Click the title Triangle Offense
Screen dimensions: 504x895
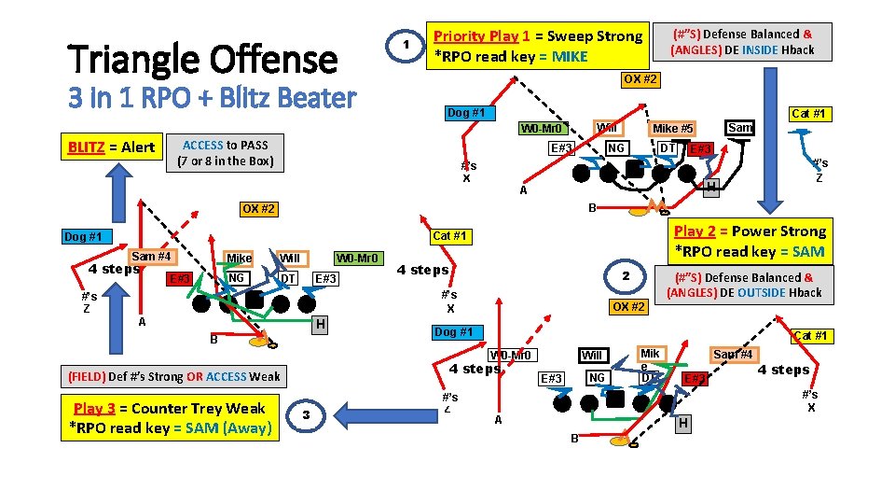pos(203,59)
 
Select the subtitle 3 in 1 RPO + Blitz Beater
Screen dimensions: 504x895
pos(213,97)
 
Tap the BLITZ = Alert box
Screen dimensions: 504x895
pos(112,147)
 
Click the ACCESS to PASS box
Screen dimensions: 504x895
pos(225,153)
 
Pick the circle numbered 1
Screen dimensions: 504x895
pos(405,46)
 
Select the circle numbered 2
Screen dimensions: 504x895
pos(627,275)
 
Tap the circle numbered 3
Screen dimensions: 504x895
pos(307,415)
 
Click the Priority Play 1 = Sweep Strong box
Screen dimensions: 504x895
pos(535,46)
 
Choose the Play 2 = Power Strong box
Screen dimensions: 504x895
pos(749,241)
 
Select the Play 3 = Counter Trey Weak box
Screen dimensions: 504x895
pos(168,417)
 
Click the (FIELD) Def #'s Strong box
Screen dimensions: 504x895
pos(173,376)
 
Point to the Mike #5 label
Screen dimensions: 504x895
pos(672,129)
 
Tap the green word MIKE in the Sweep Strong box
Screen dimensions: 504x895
pos(570,56)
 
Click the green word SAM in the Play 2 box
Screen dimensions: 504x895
pos(806,251)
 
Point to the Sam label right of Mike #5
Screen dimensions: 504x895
pos(740,127)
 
